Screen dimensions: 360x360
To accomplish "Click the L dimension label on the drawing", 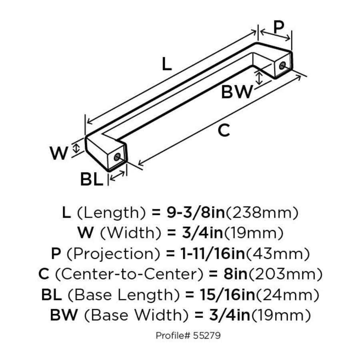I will tap(167, 64).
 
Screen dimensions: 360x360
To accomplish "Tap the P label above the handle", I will tap(279, 26).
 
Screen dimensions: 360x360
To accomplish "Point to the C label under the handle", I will tap(224, 131).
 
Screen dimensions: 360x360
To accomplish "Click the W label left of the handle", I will tap(59, 153).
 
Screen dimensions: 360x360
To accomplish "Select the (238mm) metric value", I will tap(262, 213).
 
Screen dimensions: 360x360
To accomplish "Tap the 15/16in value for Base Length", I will tap(220, 295).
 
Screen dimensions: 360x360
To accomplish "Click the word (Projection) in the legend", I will tap(110, 254).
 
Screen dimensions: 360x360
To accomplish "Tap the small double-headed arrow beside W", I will tap(77, 148).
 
